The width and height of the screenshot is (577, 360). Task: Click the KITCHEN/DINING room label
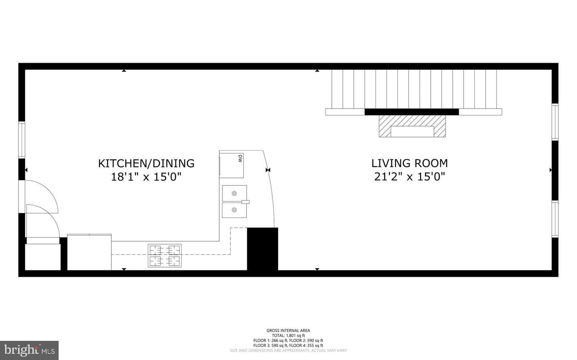pos(146,163)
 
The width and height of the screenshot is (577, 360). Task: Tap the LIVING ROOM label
pos(410,163)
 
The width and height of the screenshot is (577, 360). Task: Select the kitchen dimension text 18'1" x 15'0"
pos(146,177)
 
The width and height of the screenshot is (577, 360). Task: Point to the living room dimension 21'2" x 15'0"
pos(410,177)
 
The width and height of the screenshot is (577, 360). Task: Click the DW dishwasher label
pos(240,158)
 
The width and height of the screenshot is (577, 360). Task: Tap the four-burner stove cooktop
pos(165,255)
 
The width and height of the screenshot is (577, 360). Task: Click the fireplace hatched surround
pos(412,126)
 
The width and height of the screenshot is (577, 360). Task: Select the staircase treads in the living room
pos(414,89)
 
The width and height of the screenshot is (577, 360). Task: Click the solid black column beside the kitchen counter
pos(262,249)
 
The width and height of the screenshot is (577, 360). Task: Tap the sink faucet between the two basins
pos(245,202)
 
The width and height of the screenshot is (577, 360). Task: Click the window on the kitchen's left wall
pos(22,140)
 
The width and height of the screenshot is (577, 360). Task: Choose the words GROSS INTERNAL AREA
pos(288,330)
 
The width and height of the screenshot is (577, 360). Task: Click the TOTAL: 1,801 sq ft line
pos(288,336)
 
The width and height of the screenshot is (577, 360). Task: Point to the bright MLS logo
pos(29,350)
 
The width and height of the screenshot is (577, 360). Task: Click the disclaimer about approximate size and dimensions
pos(288,350)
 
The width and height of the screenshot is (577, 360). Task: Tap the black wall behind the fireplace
pos(412,112)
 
